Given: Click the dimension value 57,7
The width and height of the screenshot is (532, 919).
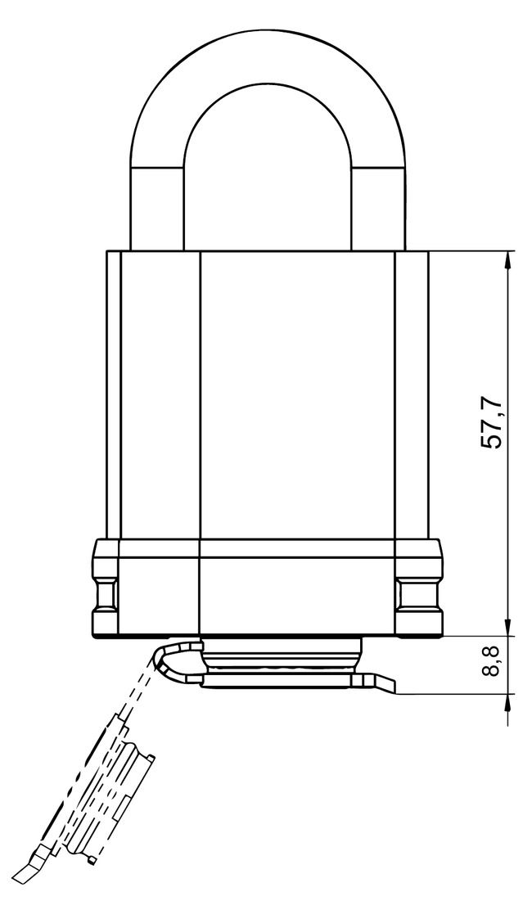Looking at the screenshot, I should coord(493,423).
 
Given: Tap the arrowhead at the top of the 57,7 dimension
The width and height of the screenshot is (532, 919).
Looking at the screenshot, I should coord(509,259).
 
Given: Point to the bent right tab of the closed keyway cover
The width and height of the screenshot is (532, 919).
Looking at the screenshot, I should coord(381,684).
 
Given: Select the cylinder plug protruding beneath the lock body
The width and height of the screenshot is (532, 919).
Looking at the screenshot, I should coord(281,655).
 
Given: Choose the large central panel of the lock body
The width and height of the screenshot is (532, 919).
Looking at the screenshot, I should coord(297,393).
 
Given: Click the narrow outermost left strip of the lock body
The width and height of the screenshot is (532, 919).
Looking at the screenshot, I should coord(113,393).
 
